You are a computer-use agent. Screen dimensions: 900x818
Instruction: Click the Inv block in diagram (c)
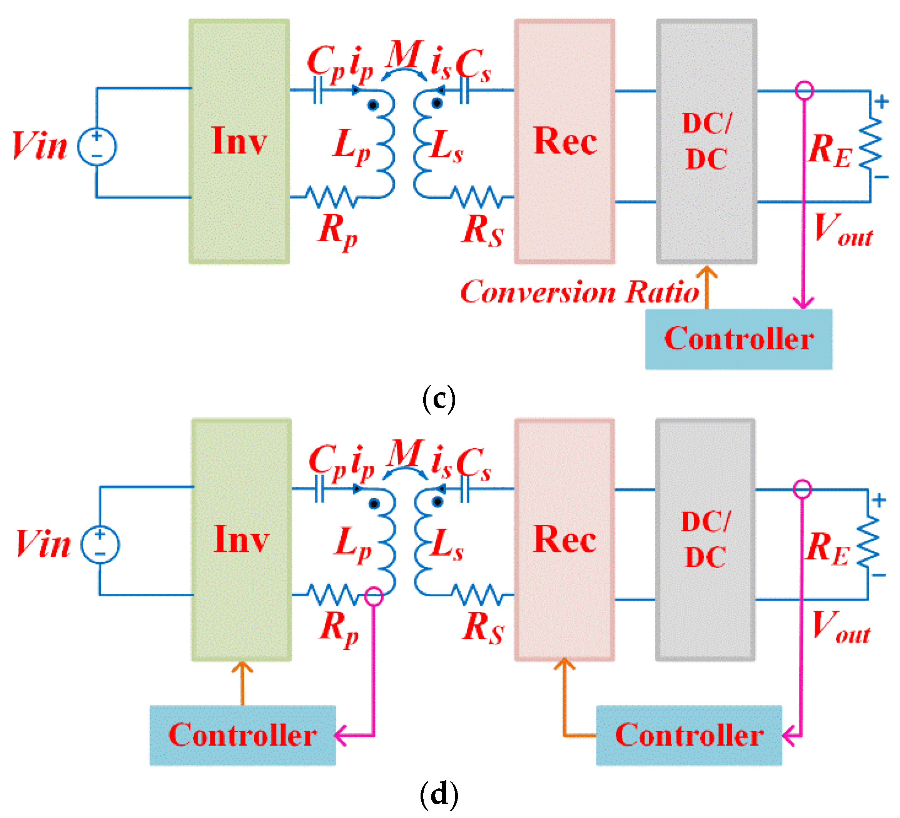(239, 142)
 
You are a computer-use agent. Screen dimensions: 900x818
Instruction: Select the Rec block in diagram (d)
(565, 540)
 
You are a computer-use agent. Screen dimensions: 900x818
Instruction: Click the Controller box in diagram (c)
(739, 339)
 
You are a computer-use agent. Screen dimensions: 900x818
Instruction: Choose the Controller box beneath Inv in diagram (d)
(242, 735)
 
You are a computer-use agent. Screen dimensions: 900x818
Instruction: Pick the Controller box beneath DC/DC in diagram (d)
(689, 735)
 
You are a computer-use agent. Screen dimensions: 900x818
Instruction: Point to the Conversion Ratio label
(579, 292)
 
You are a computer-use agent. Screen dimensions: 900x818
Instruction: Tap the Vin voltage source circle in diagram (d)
(100, 544)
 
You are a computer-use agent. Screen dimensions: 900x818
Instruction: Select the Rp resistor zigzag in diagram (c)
(331, 197)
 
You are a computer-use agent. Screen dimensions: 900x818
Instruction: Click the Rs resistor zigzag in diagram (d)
(477, 595)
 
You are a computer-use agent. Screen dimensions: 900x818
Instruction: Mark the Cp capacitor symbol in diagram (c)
(318, 90)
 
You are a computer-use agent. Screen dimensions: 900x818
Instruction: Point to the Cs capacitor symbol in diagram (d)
(465, 489)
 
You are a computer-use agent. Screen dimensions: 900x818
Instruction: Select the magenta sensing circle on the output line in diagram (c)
(805, 90)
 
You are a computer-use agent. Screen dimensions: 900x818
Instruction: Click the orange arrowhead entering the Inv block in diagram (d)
(242, 668)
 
